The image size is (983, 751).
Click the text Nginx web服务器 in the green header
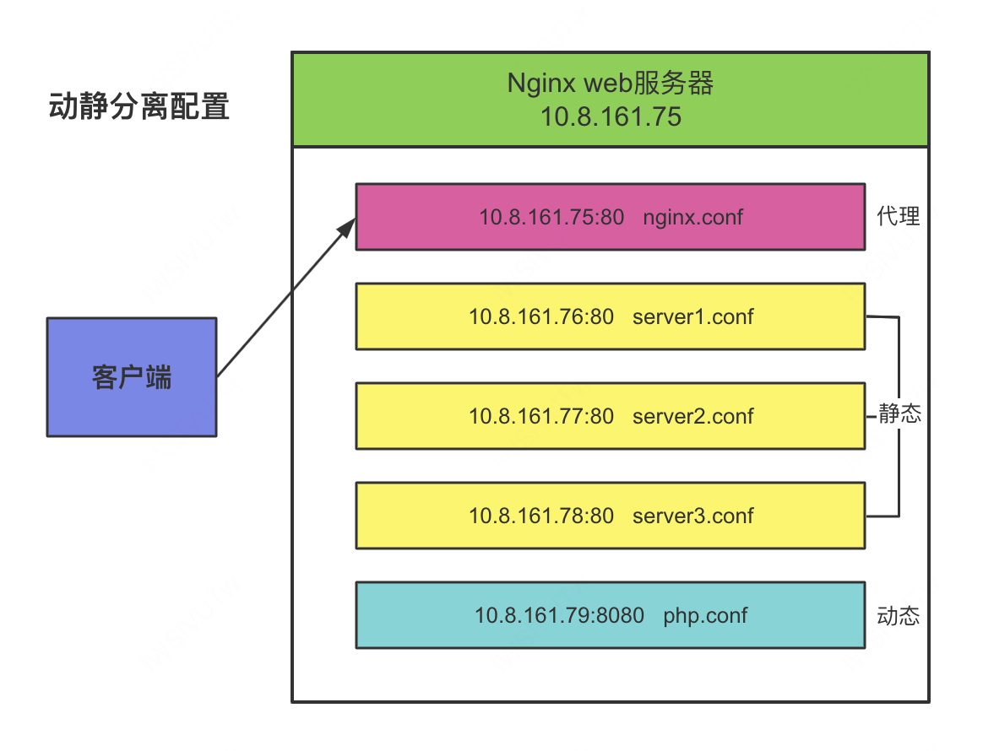point(610,83)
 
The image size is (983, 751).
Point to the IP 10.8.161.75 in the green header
point(610,116)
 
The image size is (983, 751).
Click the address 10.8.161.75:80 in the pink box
point(551,217)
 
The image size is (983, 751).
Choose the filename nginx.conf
point(692,217)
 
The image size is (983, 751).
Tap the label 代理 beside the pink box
point(898,216)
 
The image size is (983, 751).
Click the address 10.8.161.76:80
point(541,316)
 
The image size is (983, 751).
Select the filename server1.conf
point(692,316)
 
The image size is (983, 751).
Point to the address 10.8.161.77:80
point(541,416)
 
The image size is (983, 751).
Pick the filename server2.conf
point(692,416)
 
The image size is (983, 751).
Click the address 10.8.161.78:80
point(541,516)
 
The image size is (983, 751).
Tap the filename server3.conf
point(692,516)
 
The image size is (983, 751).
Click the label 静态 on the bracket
point(899,415)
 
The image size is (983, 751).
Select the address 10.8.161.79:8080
point(559,615)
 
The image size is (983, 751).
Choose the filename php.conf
point(705,615)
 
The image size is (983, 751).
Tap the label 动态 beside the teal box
point(898,616)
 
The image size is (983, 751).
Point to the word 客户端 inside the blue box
point(132,377)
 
